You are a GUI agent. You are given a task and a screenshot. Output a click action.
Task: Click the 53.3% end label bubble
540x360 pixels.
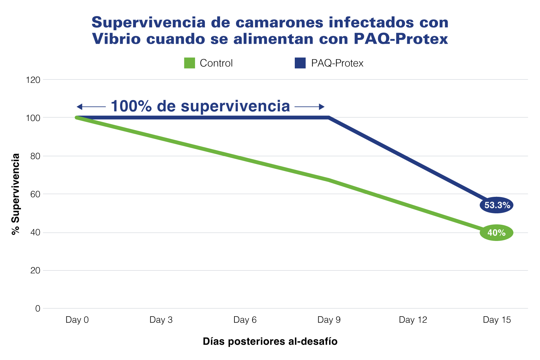click(x=496, y=205)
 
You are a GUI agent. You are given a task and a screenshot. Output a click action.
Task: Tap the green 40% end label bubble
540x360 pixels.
click(x=496, y=233)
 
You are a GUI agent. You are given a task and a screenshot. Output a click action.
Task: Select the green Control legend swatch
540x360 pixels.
click(x=190, y=63)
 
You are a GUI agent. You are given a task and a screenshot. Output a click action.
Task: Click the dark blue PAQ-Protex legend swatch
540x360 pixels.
click(x=300, y=63)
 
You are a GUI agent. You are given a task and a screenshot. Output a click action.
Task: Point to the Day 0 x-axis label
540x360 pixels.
click(x=77, y=320)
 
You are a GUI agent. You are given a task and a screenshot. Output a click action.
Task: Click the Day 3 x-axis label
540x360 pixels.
click(x=161, y=320)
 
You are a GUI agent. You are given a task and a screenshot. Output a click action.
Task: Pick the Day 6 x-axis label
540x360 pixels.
click(x=245, y=320)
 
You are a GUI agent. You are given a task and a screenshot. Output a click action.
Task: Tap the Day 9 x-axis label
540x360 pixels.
click(x=329, y=320)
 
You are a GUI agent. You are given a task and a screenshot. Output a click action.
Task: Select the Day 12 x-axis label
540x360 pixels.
click(x=413, y=320)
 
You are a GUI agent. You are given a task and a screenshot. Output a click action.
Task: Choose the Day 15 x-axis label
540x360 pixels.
click(x=497, y=320)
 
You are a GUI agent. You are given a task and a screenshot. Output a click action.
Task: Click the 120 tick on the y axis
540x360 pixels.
click(x=33, y=80)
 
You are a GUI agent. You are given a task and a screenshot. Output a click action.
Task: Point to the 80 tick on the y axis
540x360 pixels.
click(x=35, y=156)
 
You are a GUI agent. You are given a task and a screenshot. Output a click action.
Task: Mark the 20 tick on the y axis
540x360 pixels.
click(x=35, y=270)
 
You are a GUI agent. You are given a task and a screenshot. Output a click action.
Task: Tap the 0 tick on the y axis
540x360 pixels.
click(x=38, y=309)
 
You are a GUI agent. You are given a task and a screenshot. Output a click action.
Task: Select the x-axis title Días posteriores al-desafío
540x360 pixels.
click(x=270, y=342)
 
